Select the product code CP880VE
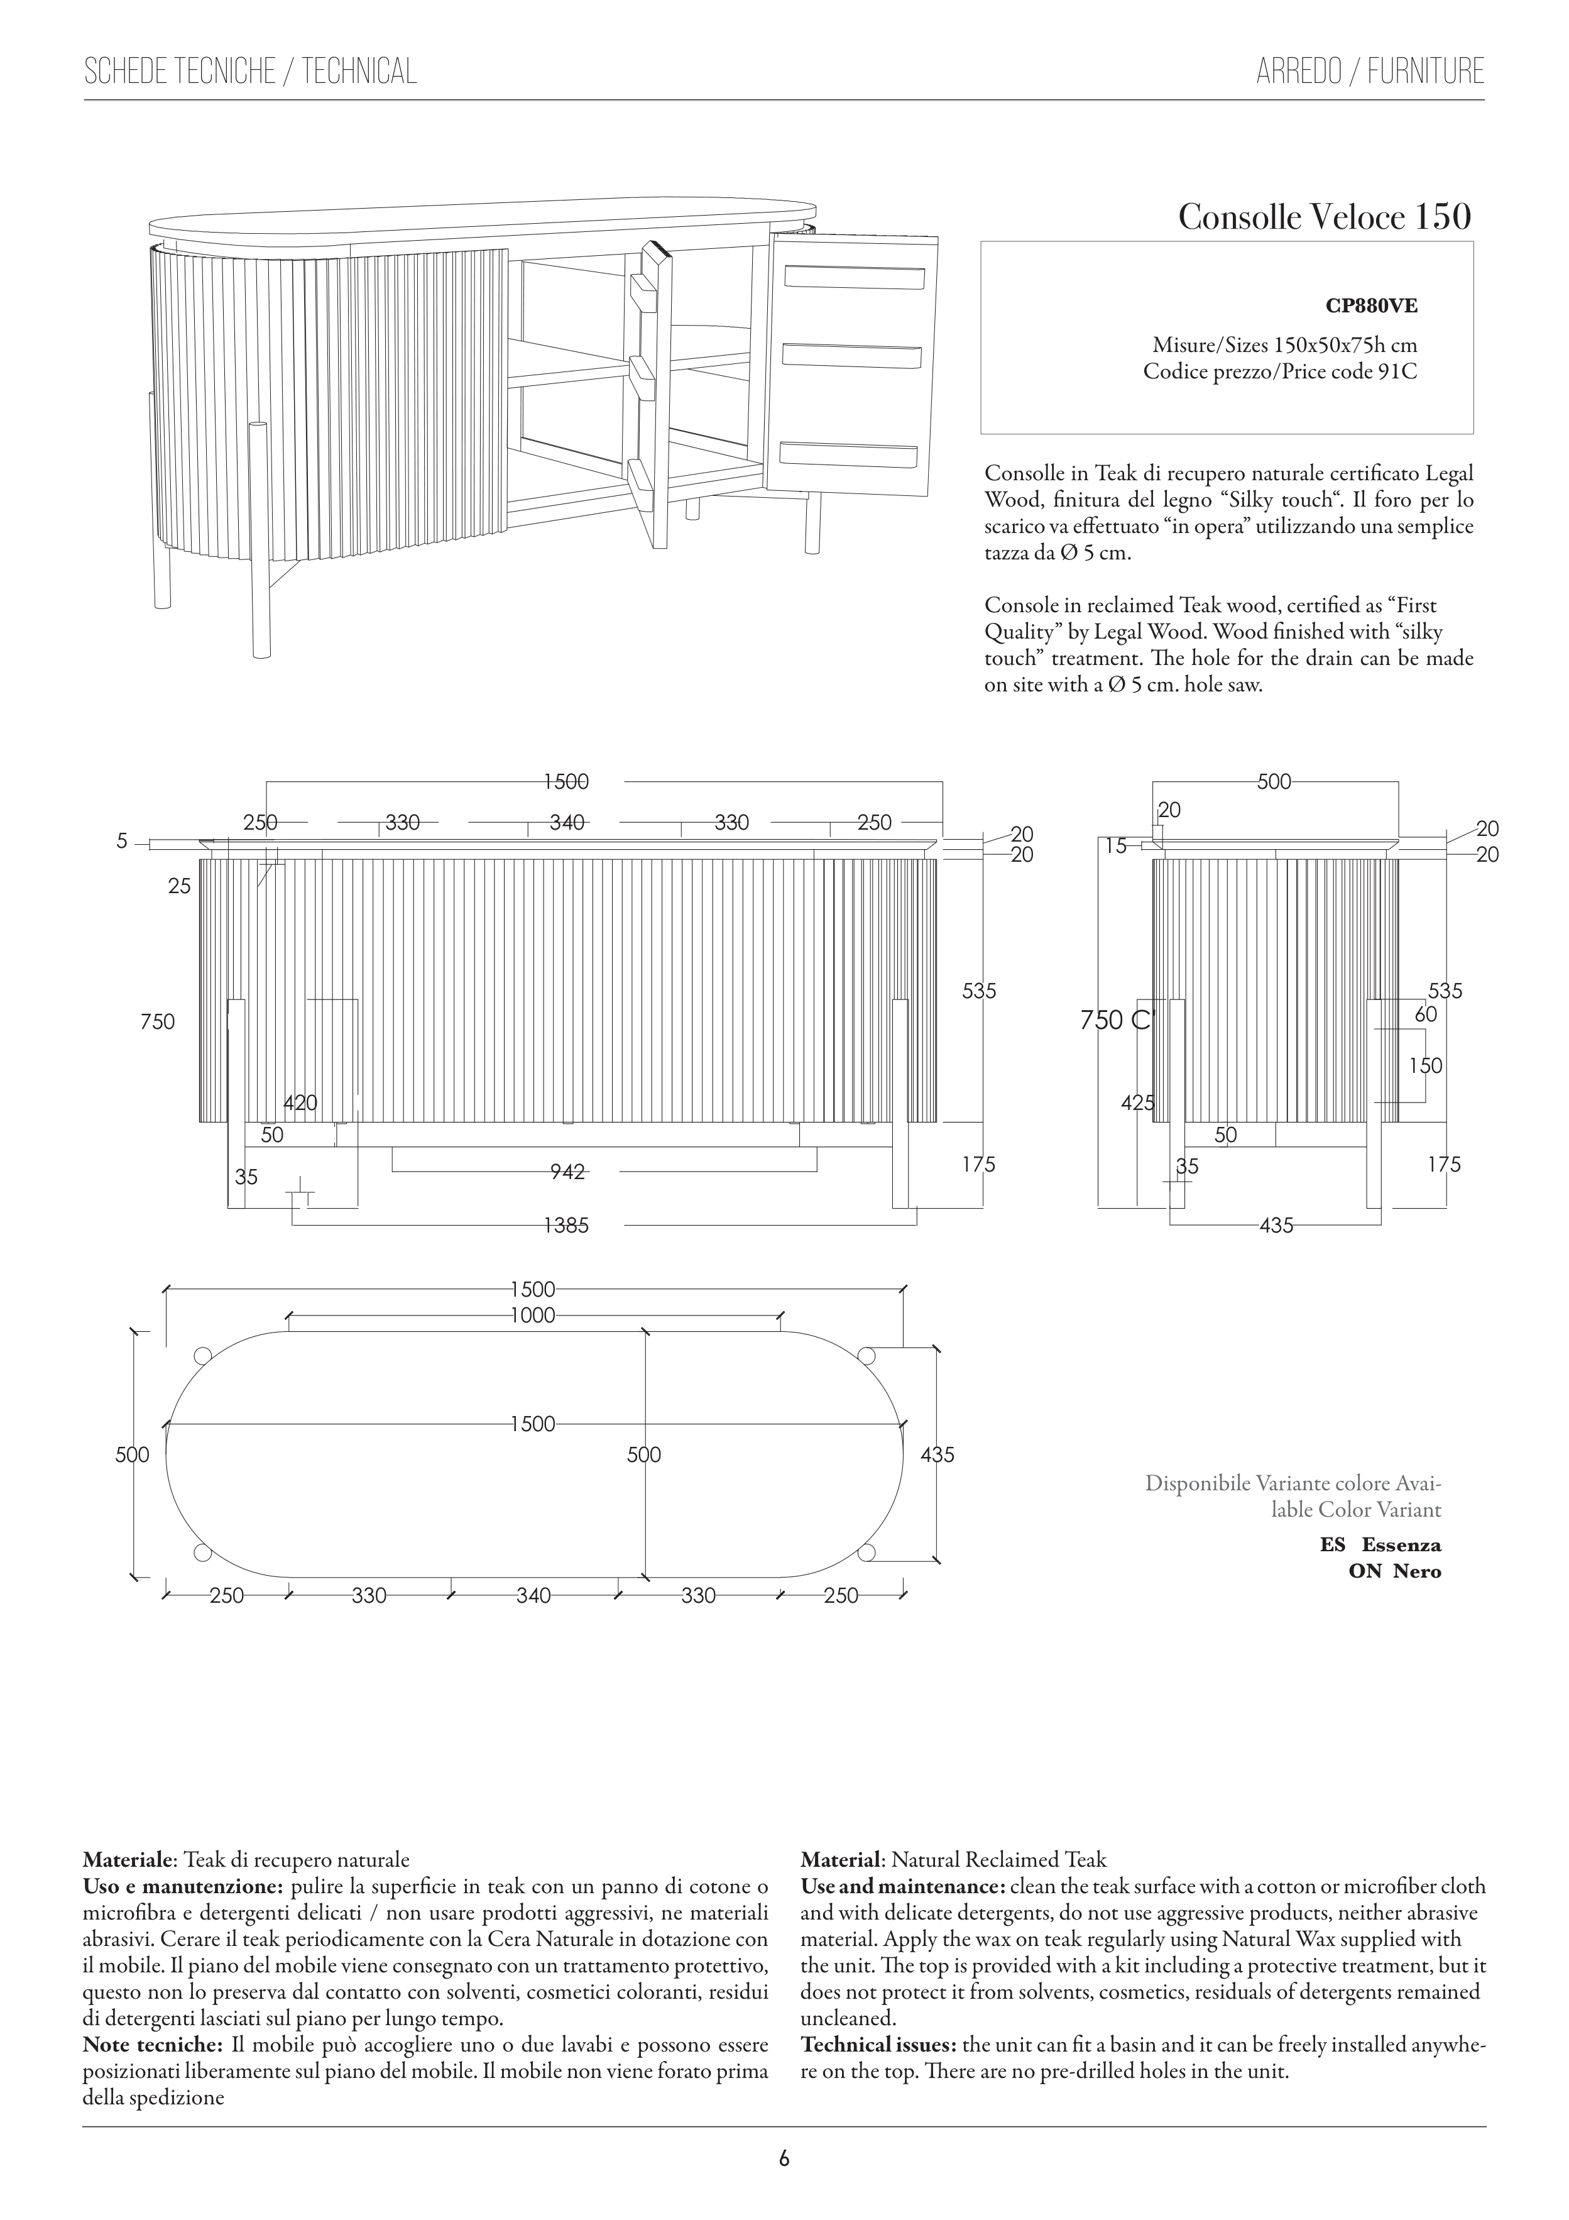click(1371, 307)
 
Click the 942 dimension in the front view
click(567, 1172)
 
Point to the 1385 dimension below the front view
click(567, 1226)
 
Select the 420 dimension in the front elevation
click(300, 1103)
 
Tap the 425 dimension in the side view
click(1138, 1102)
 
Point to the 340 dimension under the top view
click(533, 1595)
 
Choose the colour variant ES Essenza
click(1380, 1545)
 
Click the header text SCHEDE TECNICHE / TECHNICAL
click(250, 72)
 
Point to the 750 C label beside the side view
click(1117, 1020)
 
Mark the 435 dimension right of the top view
click(937, 1454)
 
